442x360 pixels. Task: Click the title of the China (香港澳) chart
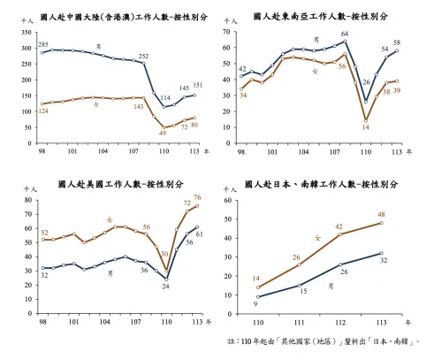[x=112, y=17]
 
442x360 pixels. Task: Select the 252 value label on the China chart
[x=143, y=56]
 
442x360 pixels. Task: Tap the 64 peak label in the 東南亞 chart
[x=345, y=34]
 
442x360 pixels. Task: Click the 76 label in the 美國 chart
[x=197, y=197]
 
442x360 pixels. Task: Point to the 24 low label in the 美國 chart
[x=164, y=286]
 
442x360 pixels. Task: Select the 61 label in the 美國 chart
[x=199, y=234]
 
